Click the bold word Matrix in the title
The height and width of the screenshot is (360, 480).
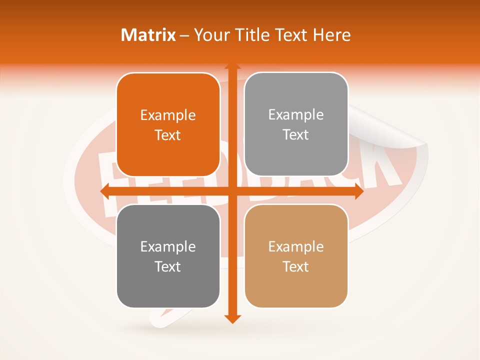tap(148, 35)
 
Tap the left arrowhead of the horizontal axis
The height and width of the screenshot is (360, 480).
tap(104, 191)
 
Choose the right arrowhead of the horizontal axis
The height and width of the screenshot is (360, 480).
tap(359, 191)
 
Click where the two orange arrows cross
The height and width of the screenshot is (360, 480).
tap(232, 191)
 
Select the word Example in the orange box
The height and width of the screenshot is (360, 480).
tap(168, 115)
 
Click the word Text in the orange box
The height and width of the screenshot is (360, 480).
tap(168, 135)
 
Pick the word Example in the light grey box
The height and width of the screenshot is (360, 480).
tap(296, 115)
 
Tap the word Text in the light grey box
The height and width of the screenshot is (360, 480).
tap(296, 135)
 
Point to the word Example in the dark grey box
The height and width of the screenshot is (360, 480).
tap(168, 247)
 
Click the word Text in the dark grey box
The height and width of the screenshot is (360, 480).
tap(168, 267)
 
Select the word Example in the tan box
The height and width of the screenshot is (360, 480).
tap(296, 247)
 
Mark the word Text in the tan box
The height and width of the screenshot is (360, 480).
tap(296, 267)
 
